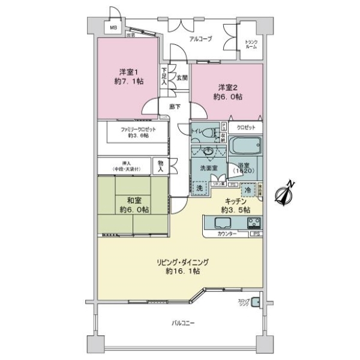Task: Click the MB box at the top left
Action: pos(112,27)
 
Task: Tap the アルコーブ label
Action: pos(200,38)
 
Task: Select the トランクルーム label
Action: pos(251,44)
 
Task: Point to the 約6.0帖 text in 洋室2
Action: pos(230,96)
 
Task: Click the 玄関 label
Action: pos(181,77)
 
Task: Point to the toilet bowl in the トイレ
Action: pos(209,133)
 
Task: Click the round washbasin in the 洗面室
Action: pos(208,151)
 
